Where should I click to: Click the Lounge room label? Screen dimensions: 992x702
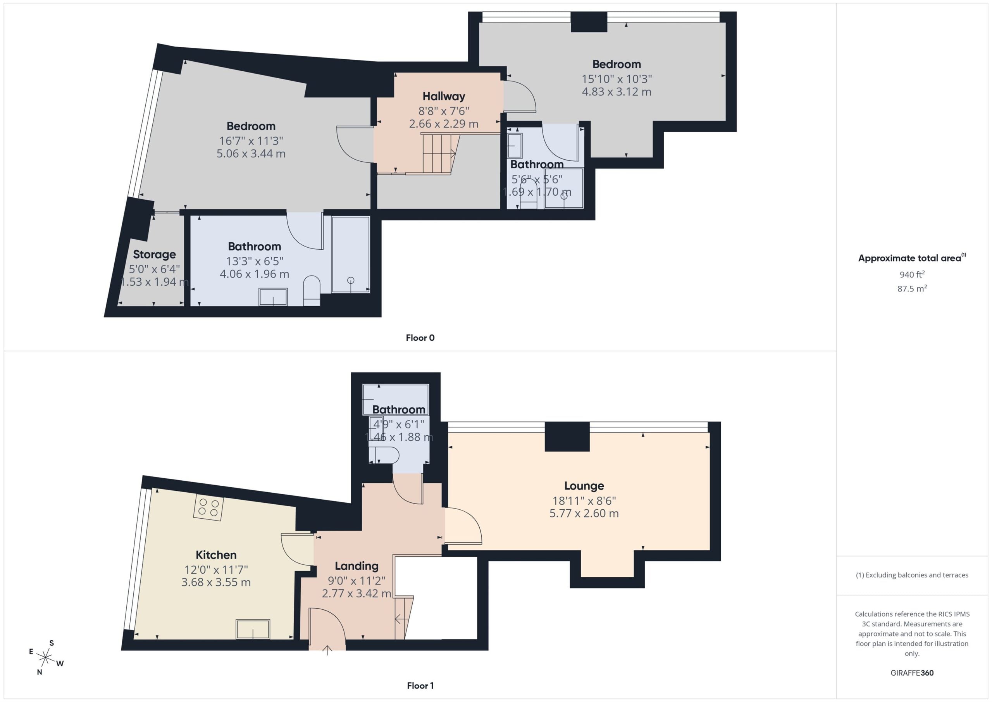tap(584, 486)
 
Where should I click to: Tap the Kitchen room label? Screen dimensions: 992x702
tap(216, 555)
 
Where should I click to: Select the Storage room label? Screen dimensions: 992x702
tap(154, 255)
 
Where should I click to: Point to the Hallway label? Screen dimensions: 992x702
tap(444, 97)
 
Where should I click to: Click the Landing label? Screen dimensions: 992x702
tap(356, 566)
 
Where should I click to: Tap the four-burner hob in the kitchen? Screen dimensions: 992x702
tap(208, 507)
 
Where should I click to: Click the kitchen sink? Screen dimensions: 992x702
tap(253, 629)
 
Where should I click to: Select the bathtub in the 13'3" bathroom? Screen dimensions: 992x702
tap(350, 255)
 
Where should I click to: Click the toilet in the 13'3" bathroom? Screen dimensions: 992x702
tap(312, 290)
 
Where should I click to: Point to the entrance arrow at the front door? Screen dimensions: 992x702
tap(327, 650)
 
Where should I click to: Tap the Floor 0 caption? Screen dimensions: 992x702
tap(420, 338)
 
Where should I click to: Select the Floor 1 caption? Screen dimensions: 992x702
tap(420, 686)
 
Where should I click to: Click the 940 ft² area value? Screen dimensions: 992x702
tap(912, 274)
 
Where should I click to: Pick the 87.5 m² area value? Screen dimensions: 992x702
tap(912, 288)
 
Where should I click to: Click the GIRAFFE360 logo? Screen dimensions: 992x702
tap(912, 673)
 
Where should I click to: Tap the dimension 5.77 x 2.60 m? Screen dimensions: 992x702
tap(584, 514)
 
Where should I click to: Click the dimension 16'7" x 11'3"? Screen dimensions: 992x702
tap(251, 141)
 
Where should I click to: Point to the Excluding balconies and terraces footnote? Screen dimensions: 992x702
tap(912, 575)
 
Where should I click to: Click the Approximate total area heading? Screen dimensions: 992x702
tap(912, 258)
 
